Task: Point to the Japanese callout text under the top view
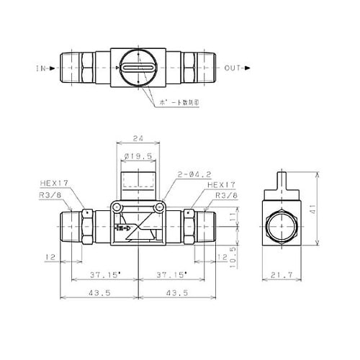click(189, 102)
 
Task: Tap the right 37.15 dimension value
click(171, 275)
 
